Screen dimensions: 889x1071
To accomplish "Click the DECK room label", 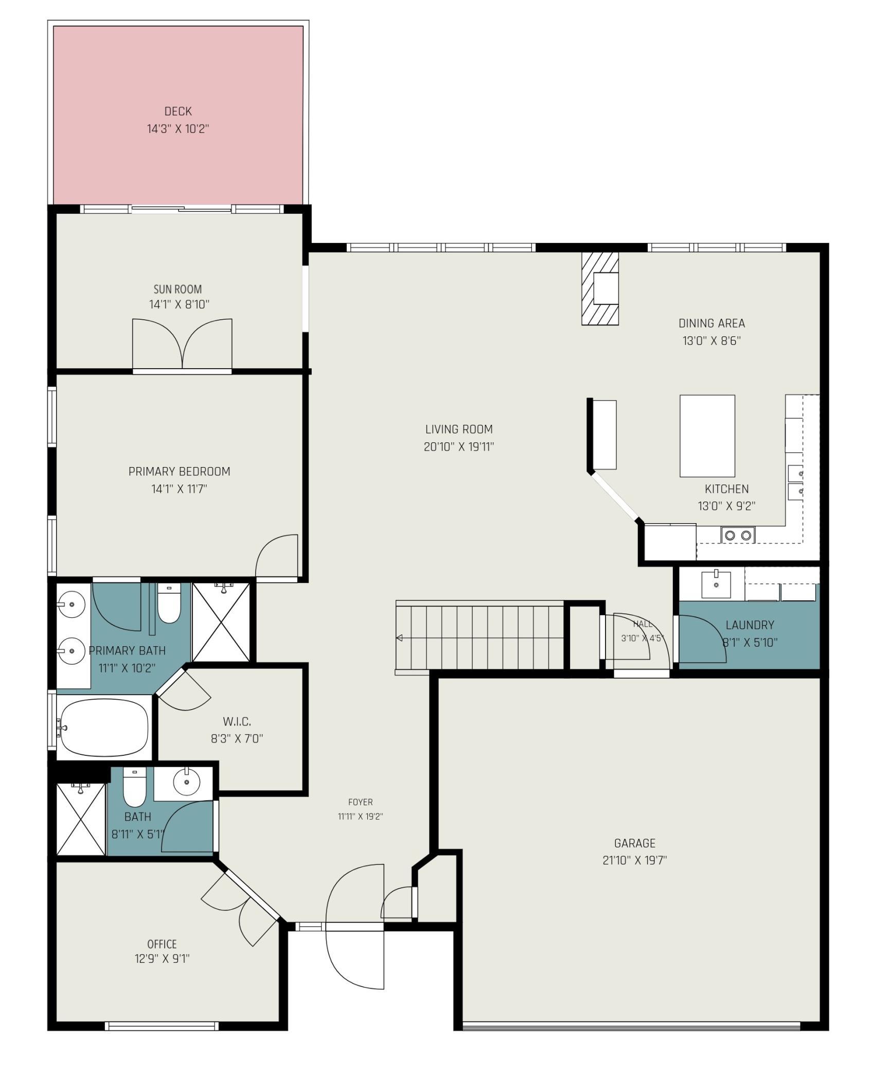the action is click(x=178, y=111).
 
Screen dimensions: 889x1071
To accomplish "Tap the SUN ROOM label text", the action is click(x=178, y=289).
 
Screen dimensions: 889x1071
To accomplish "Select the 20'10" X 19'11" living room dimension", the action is click(x=459, y=447).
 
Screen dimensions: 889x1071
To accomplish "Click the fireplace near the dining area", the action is click(x=600, y=288).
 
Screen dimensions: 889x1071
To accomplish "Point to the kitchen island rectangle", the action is click(x=707, y=436).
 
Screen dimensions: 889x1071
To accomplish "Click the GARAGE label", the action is click(x=635, y=843).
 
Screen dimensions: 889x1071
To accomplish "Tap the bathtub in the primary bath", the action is click(x=104, y=728).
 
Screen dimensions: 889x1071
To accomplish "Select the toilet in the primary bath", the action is click(x=169, y=603).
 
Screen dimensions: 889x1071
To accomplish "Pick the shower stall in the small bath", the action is click(x=81, y=819).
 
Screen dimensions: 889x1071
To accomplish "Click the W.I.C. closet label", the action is click(x=237, y=721).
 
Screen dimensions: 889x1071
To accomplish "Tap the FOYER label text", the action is click(x=361, y=802).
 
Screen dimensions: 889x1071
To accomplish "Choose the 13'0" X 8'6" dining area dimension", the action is click(x=712, y=341).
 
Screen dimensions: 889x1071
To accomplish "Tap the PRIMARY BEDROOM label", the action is click(x=179, y=471).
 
